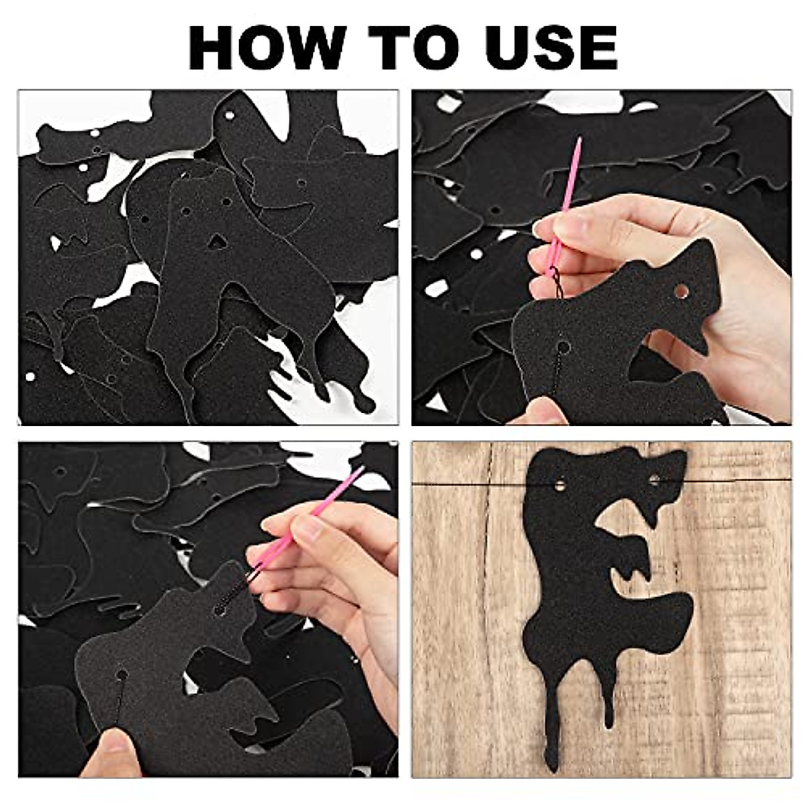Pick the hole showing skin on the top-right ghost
[x=681, y=292]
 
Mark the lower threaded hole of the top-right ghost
[x=562, y=347]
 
